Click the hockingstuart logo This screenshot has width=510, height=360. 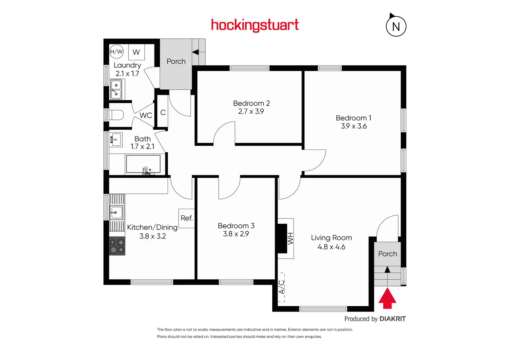pos(255,25)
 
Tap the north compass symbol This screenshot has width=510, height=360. pos(396,26)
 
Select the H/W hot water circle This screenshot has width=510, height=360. pos(116,52)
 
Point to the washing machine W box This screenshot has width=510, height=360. pos(136,52)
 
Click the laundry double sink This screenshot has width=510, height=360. pos(116,89)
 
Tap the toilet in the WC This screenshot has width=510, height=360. pos(117,115)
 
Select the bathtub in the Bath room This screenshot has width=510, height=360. pos(143,164)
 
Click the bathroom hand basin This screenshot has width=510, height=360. pos(116,139)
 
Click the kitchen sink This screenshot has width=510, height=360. pos(116,212)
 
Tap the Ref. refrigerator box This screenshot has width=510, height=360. pos(186,218)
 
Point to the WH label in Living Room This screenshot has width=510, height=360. pos(290,238)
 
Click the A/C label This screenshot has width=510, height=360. pos(282,287)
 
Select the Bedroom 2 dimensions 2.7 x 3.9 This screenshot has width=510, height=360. pos(251,111)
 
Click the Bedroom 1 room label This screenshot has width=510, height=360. pos(353,118)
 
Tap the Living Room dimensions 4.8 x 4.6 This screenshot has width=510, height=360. pos(331,247)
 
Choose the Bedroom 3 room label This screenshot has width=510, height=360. pos(236,226)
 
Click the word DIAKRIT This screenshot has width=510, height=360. pos(393,319)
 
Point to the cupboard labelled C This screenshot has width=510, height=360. pos(163,112)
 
